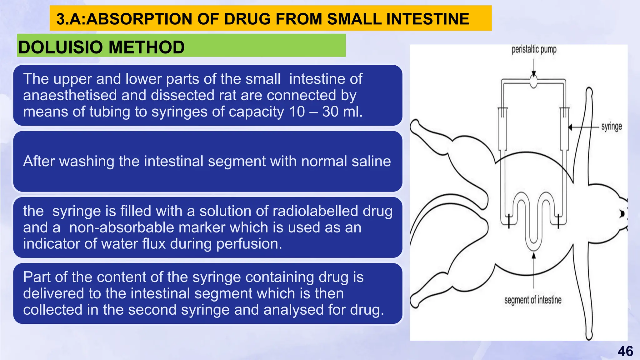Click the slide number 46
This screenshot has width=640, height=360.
point(625,351)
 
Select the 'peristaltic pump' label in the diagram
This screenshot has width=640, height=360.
point(534,49)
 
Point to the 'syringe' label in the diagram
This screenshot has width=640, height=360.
point(611,127)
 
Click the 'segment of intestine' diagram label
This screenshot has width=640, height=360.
point(533,300)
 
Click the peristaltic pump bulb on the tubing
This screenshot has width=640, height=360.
point(534,82)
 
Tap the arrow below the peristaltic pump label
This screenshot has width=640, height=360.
point(534,67)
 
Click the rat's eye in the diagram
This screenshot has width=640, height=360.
point(622,214)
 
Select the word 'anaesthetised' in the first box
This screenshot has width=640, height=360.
point(70,95)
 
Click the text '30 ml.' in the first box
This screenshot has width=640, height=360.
point(342,112)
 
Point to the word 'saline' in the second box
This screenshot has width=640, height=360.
point(371,161)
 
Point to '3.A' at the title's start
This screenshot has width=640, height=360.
point(69,19)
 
